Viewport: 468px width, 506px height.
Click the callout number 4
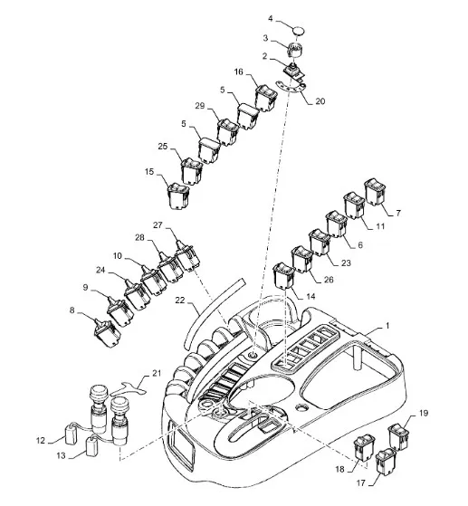271,19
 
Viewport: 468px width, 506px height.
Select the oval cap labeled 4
299,31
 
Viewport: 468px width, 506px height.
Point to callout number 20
320,101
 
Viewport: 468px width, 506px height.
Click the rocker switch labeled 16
266,98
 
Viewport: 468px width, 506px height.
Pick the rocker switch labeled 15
178,196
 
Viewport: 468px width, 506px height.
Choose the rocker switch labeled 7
375,192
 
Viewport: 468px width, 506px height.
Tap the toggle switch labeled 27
187,256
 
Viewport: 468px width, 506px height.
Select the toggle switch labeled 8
107,333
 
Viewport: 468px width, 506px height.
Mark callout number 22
180,301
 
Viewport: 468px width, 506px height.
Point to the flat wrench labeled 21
129,389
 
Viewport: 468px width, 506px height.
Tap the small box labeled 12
72,435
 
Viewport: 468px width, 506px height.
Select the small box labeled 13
92,446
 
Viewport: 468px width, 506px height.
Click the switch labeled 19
398,437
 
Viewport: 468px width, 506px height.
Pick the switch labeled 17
386,462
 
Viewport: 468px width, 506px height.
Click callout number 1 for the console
387,326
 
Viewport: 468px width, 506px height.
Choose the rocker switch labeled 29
227,132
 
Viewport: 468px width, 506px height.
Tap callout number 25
163,147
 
